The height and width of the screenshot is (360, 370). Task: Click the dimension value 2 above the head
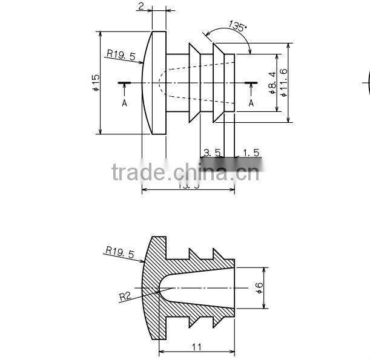[140, 6]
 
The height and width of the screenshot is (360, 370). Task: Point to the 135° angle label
[237, 26]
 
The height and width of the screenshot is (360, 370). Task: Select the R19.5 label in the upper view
[121, 54]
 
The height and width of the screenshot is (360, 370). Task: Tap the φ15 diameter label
[95, 82]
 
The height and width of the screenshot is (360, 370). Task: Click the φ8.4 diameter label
[272, 83]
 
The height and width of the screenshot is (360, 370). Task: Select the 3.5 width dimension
[212, 152]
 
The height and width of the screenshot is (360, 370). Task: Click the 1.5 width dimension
[251, 152]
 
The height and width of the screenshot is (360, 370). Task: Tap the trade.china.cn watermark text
[185, 173]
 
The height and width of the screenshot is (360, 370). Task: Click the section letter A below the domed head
[125, 103]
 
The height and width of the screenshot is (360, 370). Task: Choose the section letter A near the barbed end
[251, 103]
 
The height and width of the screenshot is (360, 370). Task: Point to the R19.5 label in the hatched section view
[119, 252]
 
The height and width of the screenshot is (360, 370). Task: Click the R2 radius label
[125, 296]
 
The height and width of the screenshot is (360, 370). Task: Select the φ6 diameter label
[259, 289]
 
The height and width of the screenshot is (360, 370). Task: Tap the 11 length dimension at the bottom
[196, 347]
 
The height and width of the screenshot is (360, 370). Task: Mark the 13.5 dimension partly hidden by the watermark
[188, 185]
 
